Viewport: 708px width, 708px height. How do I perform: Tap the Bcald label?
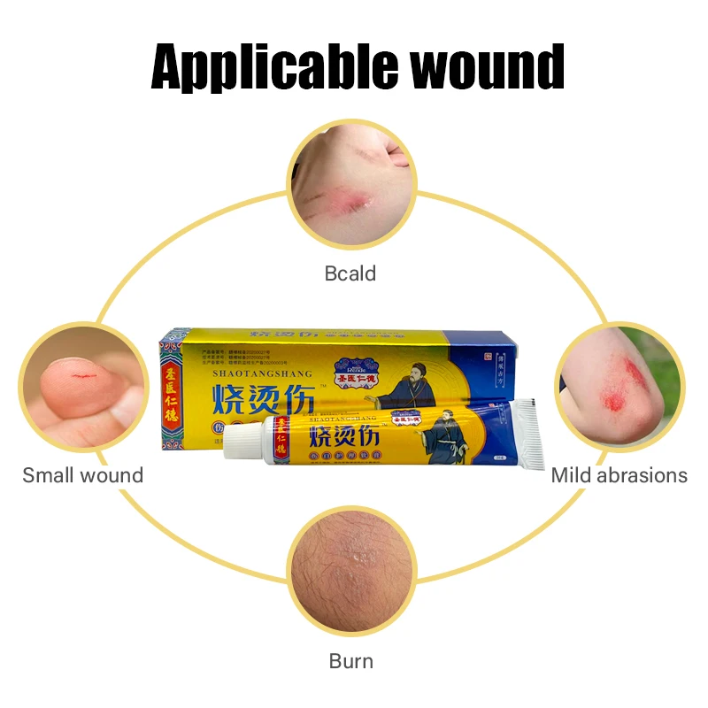(350, 273)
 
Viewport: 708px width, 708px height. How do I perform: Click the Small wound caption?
(82, 475)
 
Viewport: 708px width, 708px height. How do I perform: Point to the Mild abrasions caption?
(619, 475)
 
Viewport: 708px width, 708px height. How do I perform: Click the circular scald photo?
(352, 189)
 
